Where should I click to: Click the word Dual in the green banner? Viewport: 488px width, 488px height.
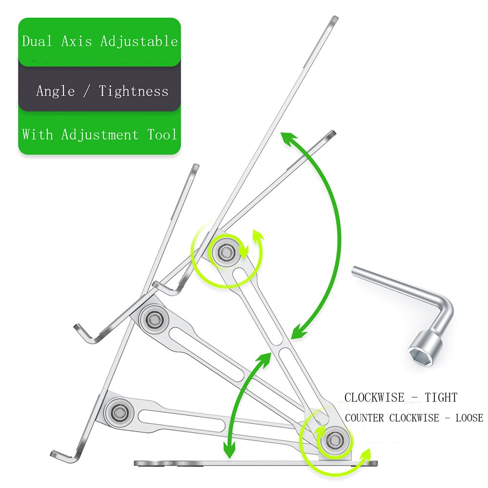pyautogui.click(x=37, y=41)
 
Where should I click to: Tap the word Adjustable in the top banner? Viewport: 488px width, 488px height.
pyautogui.click(x=139, y=41)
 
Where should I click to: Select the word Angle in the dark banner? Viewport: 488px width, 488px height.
pyautogui.click(x=56, y=91)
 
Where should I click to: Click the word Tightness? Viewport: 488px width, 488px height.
pyautogui.click(x=133, y=91)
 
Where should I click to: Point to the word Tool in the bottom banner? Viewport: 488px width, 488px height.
pyautogui.click(x=162, y=135)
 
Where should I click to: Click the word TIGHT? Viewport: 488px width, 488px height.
pyautogui.click(x=441, y=398)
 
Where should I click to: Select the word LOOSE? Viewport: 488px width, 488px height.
pyautogui.click(x=469, y=418)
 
